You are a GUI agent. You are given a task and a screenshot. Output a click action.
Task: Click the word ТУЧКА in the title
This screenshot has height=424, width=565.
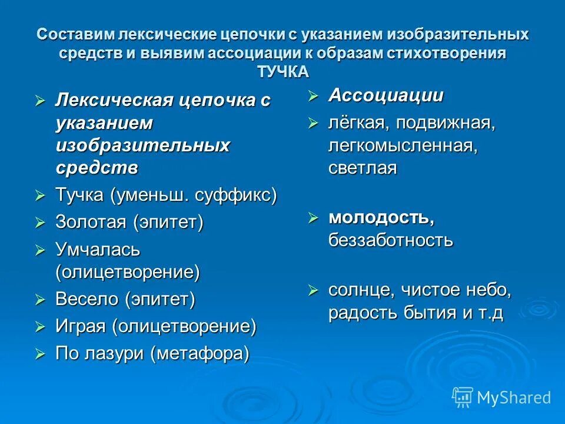pyautogui.click(x=282, y=71)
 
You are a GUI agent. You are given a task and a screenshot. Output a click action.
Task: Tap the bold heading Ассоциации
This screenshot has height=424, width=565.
pyautogui.click(x=386, y=95)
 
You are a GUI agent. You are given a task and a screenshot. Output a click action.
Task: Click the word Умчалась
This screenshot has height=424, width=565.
pyautogui.click(x=98, y=249)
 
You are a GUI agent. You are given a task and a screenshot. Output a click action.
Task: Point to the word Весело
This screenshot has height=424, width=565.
pyautogui.click(x=88, y=299)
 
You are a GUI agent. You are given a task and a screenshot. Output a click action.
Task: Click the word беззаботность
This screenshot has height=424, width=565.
pyautogui.click(x=391, y=240)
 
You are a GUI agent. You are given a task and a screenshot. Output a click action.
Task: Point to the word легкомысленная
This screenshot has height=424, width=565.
pyautogui.click(x=403, y=145)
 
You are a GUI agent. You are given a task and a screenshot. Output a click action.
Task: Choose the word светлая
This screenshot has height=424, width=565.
pyautogui.click(x=363, y=168)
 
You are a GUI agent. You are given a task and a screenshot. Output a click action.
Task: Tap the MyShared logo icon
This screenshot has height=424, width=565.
pyautogui.click(x=463, y=397)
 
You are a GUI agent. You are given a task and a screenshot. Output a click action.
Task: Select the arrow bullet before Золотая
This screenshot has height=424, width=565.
pyautogui.click(x=40, y=223)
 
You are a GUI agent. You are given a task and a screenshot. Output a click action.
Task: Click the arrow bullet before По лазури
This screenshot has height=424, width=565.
pyautogui.click(x=40, y=353)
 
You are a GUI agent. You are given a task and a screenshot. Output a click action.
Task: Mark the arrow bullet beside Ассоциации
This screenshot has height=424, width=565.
pyautogui.click(x=313, y=96)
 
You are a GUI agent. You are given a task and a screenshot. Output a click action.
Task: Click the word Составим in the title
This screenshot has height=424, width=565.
pyautogui.click(x=75, y=34)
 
